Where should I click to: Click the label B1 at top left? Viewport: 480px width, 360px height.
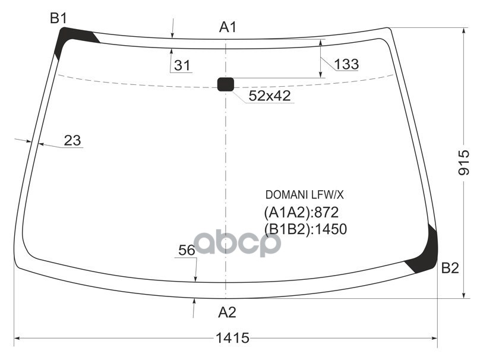[58, 18]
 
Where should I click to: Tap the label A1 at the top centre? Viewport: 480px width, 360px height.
[228, 27]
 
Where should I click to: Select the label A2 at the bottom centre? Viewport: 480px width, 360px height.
[227, 312]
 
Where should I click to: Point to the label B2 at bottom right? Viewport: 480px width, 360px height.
[450, 269]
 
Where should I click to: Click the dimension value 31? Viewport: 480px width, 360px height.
[182, 66]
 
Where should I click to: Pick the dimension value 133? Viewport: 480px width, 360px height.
[346, 64]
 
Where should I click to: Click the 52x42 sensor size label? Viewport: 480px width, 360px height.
[269, 96]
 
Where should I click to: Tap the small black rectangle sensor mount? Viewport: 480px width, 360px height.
[225, 84]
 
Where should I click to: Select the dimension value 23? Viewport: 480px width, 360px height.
[72, 141]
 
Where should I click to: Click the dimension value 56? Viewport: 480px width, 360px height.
[187, 251]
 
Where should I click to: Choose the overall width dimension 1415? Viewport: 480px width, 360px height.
[232, 338]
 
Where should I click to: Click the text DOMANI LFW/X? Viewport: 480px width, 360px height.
[304, 195]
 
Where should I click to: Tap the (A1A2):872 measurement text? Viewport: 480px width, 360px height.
[301, 212]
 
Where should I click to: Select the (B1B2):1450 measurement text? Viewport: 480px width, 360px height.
[305, 229]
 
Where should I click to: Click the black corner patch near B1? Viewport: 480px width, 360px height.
[71, 38]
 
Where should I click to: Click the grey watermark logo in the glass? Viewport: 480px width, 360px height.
[238, 243]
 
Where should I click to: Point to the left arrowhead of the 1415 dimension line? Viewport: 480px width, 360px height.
[17, 339]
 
